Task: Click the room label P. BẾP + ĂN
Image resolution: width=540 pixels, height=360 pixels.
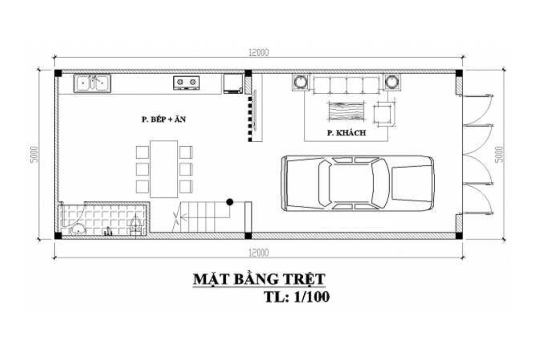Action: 164,120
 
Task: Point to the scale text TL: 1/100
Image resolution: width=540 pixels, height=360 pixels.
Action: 294,297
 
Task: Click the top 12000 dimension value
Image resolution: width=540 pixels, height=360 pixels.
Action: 258,52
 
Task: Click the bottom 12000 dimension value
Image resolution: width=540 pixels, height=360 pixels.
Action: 258,253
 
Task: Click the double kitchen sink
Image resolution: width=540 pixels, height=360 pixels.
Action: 92,83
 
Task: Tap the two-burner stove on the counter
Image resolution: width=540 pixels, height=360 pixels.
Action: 186,82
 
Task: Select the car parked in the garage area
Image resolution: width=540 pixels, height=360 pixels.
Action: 358,182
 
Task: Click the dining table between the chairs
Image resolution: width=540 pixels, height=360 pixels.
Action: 164,169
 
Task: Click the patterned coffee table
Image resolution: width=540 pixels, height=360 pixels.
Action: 345,112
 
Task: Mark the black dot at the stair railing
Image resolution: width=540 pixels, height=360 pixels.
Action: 229,202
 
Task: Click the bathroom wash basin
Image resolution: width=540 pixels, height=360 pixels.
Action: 79,229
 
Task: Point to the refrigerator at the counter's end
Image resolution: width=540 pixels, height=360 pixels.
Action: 233,84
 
